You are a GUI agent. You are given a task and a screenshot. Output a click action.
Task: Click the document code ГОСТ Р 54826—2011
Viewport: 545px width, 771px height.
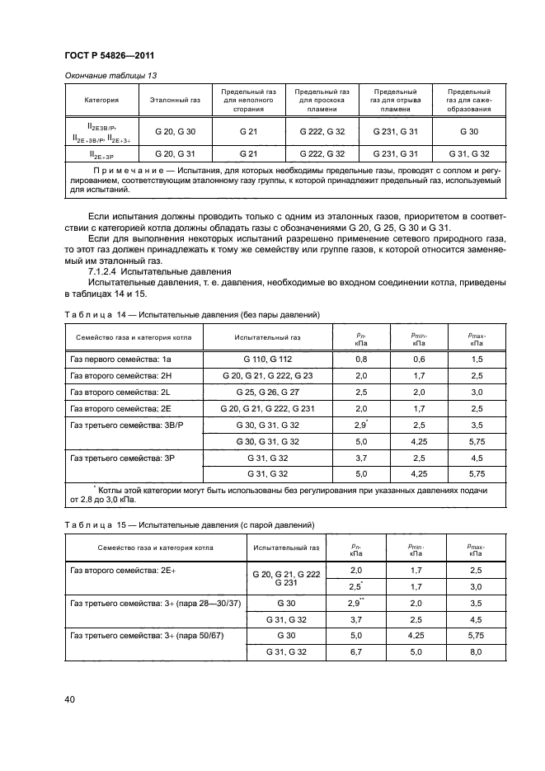[x=110, y=55]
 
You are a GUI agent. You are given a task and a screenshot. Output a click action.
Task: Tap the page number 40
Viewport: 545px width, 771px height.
[x=69, y=700]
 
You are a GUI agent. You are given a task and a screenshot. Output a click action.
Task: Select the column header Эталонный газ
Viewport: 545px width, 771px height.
[x=175, y=100]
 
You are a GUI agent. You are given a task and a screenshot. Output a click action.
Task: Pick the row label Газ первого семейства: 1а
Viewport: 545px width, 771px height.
[x=114, y=360]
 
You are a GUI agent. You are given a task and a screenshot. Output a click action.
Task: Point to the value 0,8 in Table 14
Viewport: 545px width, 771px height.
[x=360, y=360]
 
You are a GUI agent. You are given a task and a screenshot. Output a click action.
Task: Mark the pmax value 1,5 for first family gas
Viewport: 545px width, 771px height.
[x=477, y=360]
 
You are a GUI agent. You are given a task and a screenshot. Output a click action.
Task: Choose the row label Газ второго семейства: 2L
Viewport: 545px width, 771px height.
[x=114, y=393]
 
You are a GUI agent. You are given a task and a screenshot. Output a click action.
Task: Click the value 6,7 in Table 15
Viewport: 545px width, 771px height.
[x=356, y=652]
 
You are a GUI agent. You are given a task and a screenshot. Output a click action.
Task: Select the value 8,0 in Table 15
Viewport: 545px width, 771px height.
[x=476, y=652]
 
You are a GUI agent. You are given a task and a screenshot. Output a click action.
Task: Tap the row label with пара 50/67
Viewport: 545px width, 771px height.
[x=148, y=637]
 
